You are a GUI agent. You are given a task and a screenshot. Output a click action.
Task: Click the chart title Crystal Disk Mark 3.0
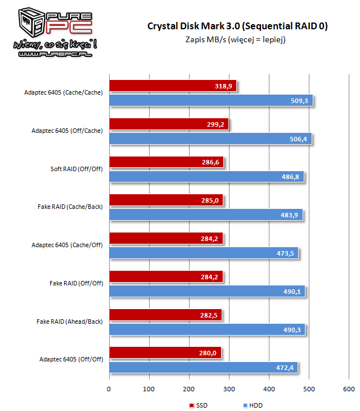[x=237, y=26]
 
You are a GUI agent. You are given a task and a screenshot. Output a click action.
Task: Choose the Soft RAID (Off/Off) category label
[x=76, y=169]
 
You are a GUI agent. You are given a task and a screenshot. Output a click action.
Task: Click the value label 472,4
[x=285, y=368]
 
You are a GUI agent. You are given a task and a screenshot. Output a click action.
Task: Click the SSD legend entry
[x=197, y=405]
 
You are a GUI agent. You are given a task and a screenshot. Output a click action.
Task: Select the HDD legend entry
[x=253, y=405]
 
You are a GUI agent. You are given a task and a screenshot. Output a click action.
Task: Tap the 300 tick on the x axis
[x=229, y=389]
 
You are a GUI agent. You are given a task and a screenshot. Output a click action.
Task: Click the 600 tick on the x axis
[x=348, y=389]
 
